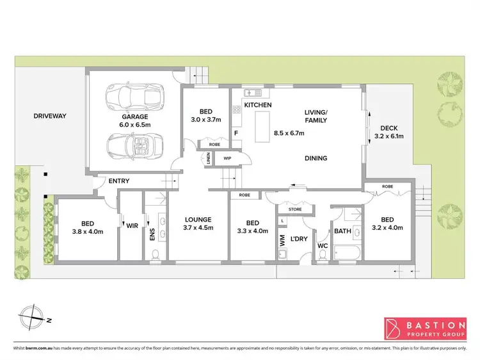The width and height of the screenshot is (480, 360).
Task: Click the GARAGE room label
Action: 135,117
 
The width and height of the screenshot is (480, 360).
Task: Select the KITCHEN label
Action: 259,104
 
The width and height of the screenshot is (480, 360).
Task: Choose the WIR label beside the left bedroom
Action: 132,225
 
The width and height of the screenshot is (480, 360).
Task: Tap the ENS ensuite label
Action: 152,235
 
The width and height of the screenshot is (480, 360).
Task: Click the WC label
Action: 323,246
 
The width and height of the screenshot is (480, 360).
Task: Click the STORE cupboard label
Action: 294,209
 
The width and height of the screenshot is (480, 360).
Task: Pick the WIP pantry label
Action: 227,158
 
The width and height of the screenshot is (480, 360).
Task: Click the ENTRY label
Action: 118,181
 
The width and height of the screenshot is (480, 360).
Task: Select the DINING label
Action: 316,158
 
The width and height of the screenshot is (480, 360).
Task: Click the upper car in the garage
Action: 134,97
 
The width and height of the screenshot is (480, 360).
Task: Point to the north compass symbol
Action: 31,318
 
